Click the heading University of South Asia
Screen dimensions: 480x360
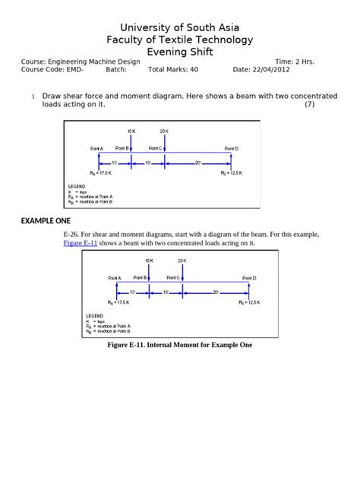click(x=180, y=27)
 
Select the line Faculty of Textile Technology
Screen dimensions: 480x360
click(x=180, y=39)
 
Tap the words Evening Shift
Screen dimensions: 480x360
click(x=180, y=52)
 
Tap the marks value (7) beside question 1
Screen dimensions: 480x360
click(x=309, y=104)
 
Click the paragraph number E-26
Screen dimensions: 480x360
click(x=74, y=234)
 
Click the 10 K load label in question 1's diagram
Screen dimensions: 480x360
click(x=131, y=131)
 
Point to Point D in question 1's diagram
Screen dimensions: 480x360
click(x=231, y=148)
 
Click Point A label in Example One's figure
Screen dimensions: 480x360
click(x=115, y=278)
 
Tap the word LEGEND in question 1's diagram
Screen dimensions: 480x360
click(x=77, y=185)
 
